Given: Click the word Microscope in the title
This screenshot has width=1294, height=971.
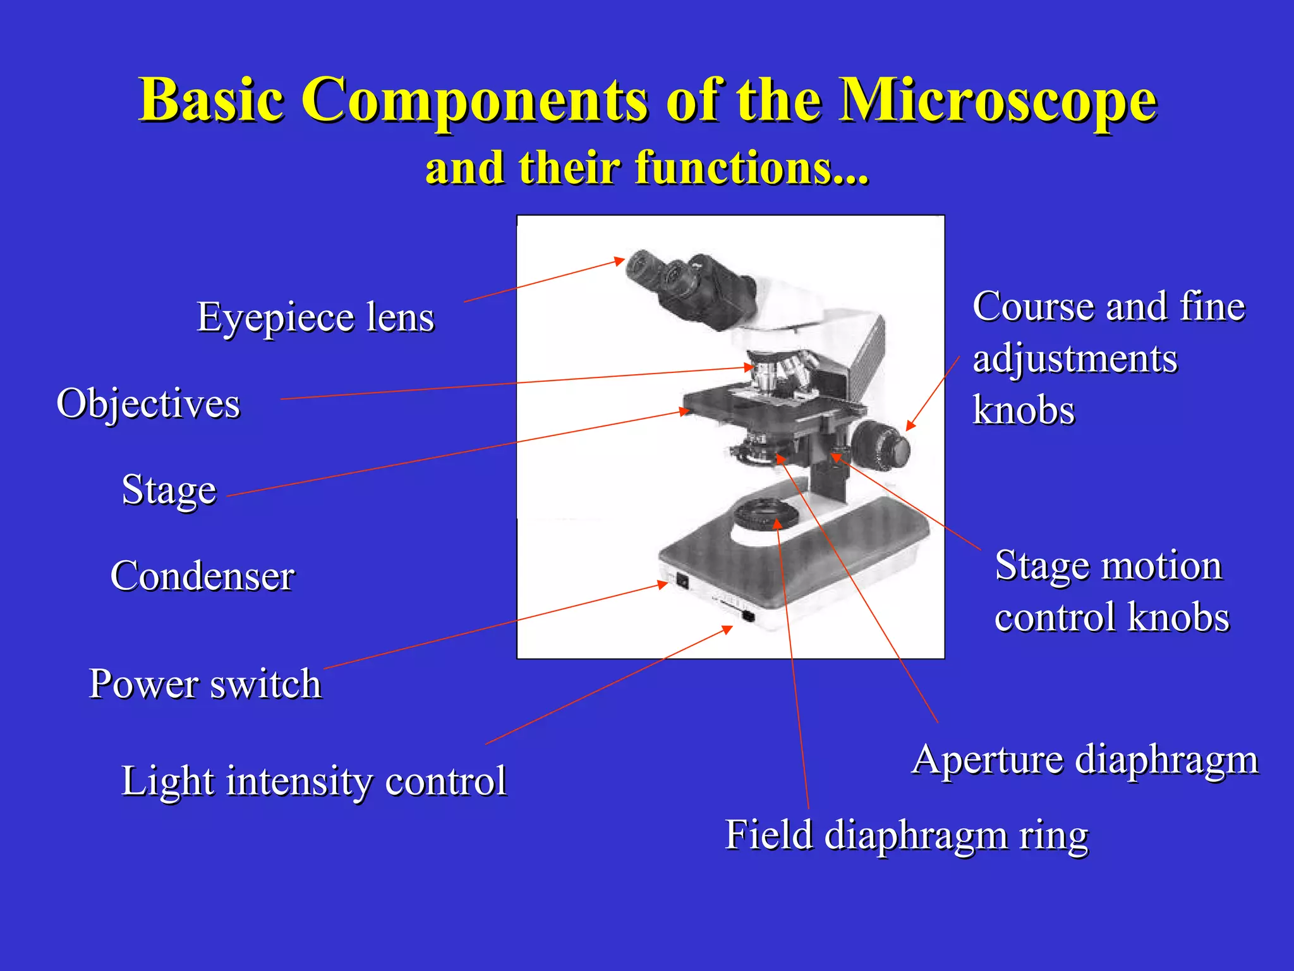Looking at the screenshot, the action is point(998,101).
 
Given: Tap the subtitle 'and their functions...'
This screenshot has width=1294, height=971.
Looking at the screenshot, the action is point(647,168).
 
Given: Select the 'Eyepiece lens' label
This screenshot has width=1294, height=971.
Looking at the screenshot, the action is point(315,317).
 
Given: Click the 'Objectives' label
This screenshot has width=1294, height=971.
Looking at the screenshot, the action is point(148,403).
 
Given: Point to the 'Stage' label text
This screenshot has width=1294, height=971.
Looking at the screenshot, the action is point(169,490).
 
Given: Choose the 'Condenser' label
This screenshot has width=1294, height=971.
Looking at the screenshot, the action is point(202,576).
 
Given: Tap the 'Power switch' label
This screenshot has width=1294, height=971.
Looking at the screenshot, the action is point(205,684).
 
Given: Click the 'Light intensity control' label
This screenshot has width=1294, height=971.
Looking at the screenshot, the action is point(313,781).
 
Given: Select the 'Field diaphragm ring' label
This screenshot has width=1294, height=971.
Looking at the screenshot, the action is point(906,835).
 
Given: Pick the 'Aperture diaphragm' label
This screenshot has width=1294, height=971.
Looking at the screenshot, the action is point(1085,759).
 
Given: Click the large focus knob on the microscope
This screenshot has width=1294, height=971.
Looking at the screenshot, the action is point(881,446).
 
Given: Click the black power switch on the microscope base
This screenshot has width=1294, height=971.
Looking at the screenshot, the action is point(682,580).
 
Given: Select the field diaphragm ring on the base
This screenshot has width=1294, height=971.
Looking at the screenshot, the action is point(765,515).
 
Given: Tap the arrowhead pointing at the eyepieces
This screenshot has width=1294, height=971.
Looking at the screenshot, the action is point(620,260).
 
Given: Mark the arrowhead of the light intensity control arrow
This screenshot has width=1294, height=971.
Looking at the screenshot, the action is point(728,629).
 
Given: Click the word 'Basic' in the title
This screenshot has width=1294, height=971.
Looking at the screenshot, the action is point(212,101).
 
